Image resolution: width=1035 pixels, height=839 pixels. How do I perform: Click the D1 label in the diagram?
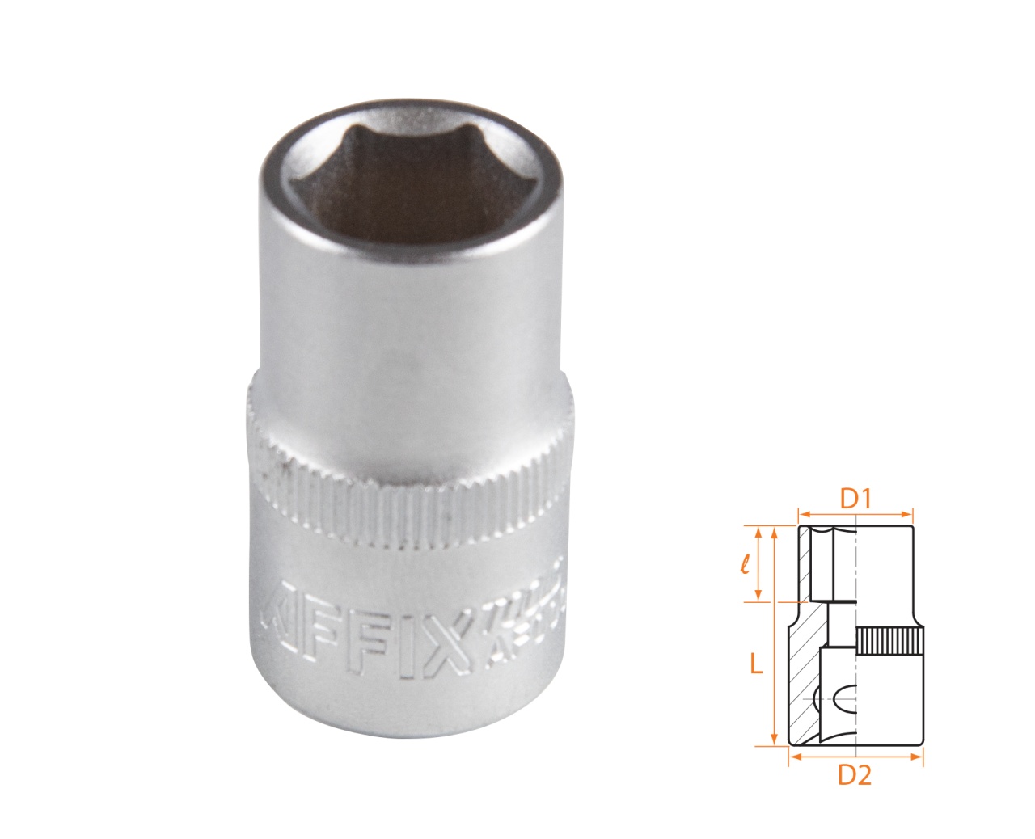pos(854,500)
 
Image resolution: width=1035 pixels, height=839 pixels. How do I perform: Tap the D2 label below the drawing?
pos(854,775)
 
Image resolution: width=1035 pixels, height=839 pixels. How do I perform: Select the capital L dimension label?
pos(754,664)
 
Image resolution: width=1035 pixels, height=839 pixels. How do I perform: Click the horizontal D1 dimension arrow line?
pos(855,512)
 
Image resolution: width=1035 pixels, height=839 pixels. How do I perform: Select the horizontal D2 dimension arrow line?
pos(855,757)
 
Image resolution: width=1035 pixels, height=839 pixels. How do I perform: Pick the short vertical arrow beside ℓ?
pos(758,563)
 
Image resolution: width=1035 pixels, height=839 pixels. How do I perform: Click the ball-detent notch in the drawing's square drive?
pos(841,696)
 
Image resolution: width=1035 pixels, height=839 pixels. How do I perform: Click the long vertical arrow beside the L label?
pos(775,635)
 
